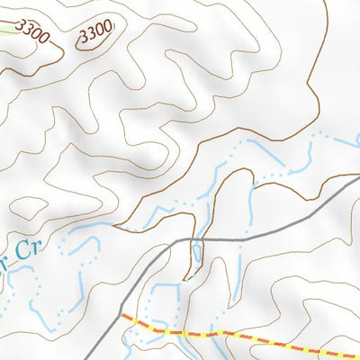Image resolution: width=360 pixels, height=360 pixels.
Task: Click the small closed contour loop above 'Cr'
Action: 33,210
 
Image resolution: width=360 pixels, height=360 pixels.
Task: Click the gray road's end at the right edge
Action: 357,178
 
